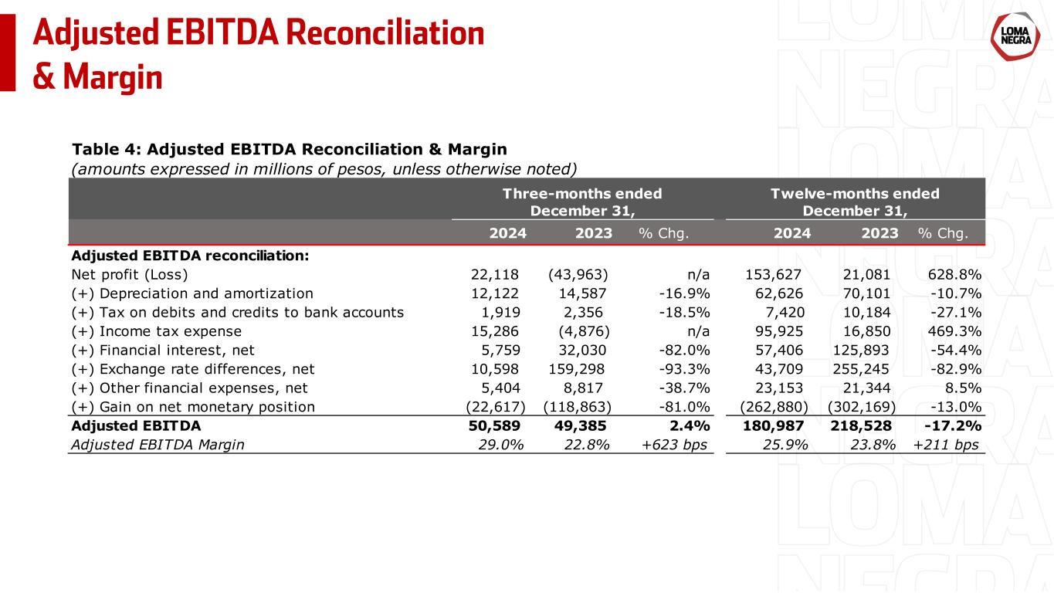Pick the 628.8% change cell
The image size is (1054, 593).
(x=954, y=275)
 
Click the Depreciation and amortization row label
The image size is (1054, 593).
(x=192, y=293)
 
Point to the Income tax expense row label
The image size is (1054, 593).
(x=156, y=331)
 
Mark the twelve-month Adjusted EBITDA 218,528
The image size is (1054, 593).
(x=865, y=425)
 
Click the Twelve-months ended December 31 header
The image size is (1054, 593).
(x=855, y=202)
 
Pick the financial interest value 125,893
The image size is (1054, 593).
(x=865, y=350)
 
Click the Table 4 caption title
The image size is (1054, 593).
(x=289, y=148)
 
